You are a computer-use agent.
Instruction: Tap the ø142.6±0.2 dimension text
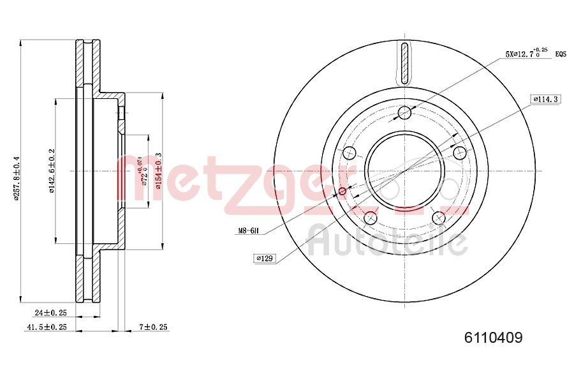coord(52,171)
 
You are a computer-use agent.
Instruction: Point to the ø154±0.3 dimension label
coord(158,171)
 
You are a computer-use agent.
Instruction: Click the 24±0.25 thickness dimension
coord(51,313)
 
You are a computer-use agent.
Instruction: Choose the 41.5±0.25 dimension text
coord(47,327)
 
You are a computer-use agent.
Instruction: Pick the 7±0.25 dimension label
coord(153,327)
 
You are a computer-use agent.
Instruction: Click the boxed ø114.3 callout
coord(545,99)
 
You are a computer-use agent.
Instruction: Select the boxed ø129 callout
coord(264,258)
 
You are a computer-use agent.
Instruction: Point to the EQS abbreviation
coord(561,55)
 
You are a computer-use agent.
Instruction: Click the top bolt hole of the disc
coord(404,114)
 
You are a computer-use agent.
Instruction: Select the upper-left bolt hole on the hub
coord(349,153)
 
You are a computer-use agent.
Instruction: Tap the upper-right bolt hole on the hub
coord(459,153)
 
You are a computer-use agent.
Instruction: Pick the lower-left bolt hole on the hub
coord(371,218)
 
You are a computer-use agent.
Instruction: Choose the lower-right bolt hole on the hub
coord(438,218)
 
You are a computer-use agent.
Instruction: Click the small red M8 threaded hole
coord(342,191)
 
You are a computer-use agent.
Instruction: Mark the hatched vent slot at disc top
coord(404,63)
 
